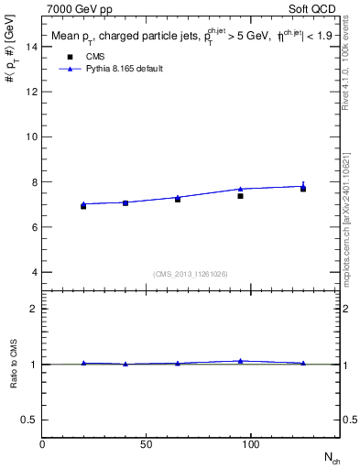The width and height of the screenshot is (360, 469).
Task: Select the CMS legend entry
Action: click(x=91, y=56)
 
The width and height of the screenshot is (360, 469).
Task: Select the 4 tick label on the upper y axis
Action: click(x=35, y=272)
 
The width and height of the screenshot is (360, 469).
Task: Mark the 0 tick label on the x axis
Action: click(x=42, y=445)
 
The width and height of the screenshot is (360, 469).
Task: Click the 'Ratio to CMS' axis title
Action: click(x=14, y=364)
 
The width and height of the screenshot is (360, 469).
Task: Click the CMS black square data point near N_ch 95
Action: click(x=240, y=196)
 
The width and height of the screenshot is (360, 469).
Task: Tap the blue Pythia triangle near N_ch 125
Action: click(x=303, y=186)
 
